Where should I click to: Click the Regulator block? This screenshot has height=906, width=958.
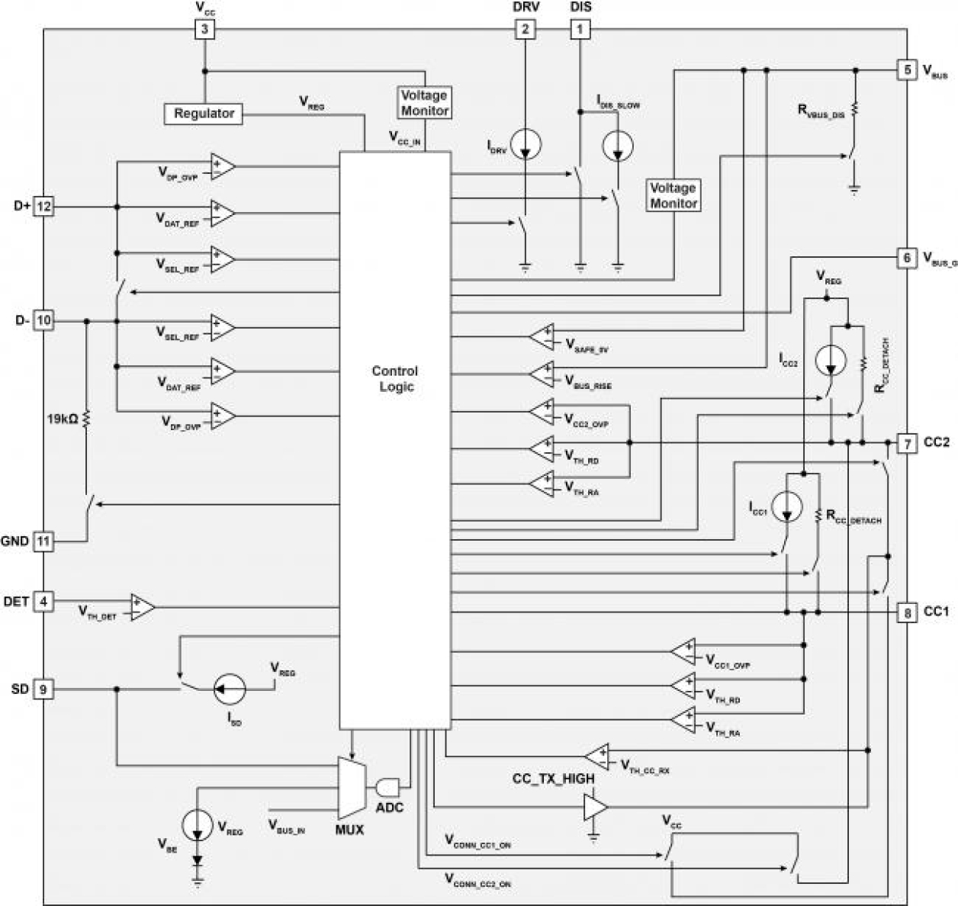[x=204, y=114]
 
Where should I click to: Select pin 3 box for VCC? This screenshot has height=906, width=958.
[x=204, y=30]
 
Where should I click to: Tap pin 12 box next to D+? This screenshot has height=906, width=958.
[x=44, y=207]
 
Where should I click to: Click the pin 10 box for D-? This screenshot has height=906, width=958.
[x=44, y=321]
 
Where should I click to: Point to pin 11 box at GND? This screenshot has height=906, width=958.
[x=44, y=541]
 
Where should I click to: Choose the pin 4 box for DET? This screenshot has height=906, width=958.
[x=44, y=602]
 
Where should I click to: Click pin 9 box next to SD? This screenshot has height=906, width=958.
[x=44, y=689]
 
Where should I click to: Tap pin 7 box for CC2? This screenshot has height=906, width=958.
[x=907, y=443]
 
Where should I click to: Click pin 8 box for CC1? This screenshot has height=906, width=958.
[x=907, y=612]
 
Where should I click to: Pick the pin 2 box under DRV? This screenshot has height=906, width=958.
[x=525, y=30]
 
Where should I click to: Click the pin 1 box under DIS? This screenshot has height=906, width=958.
[x=580, y=30]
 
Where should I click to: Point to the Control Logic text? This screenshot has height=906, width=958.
[x=394, y=379]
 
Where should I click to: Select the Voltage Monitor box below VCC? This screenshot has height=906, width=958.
[x=425, y=103]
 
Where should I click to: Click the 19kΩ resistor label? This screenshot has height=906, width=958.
[x=63, y=419]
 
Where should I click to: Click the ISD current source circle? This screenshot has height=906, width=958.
[x=230, y=689]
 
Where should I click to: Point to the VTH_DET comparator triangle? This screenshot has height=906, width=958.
[x=142, y=607]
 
